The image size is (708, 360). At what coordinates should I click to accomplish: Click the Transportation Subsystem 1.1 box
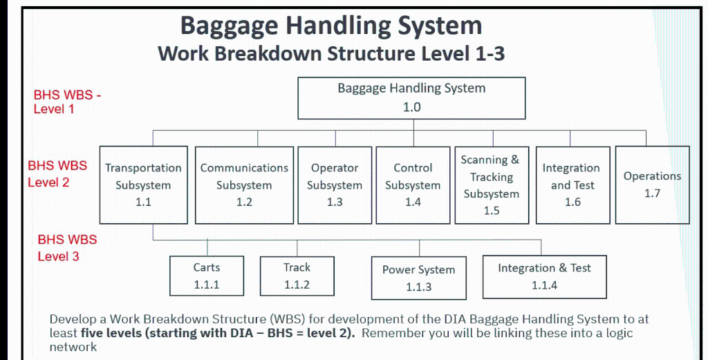143,184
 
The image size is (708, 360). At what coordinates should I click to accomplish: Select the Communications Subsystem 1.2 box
244,184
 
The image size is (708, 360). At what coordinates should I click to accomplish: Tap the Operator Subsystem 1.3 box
335,184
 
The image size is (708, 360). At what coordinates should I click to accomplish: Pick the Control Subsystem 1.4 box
413,184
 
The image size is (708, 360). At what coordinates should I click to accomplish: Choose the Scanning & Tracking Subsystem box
491,184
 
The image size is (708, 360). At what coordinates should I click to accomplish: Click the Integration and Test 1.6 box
572,184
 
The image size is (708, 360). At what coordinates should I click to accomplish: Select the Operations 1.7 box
652,184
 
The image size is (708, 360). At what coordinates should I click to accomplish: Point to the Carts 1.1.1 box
207,276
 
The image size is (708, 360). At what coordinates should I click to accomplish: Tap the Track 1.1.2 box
297,276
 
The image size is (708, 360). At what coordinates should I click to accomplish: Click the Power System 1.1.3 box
418,278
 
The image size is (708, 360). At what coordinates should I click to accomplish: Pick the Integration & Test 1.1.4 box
544,276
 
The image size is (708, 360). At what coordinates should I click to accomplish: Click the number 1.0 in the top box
411,107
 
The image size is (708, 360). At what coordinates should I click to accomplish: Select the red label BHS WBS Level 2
57,174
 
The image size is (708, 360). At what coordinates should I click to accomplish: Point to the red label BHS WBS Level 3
66,248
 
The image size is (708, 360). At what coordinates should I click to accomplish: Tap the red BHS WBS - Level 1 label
67,102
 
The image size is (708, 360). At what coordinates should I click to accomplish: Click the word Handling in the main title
331,26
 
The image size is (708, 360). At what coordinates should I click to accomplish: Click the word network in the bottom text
73,347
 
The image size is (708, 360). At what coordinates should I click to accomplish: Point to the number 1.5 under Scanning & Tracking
491,211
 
